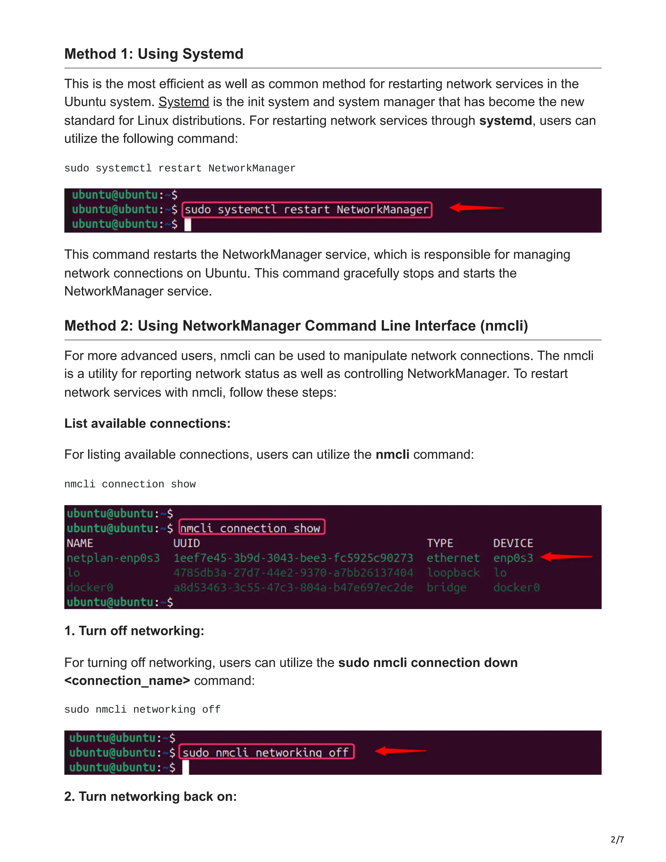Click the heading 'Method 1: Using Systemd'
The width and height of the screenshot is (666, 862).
(153, 54)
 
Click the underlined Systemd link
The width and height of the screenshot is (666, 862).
(183, 102)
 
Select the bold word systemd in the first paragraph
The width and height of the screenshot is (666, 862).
(505, 120)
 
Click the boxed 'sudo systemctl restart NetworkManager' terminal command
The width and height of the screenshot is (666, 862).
(307, 209)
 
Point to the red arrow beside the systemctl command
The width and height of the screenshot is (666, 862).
(476, 208)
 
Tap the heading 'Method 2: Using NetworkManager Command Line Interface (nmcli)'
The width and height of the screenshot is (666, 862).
(296, 326)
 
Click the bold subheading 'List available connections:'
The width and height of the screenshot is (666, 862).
(147, 423)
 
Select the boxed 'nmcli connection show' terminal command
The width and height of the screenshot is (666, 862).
(252, 528)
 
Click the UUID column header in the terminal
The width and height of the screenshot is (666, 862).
(187, 543)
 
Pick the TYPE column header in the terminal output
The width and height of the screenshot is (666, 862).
(440, 543)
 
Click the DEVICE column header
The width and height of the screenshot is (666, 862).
(513, 543)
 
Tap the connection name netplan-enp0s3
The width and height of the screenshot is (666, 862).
(113, 558)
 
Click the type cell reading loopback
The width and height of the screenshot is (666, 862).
(453, 573)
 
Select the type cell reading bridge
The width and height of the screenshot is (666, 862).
(446, 587)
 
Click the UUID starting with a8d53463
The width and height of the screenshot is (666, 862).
(293, 587)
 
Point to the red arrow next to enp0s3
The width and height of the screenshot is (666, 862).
(566, 557)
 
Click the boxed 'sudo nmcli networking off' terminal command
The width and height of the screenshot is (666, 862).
(267, 752)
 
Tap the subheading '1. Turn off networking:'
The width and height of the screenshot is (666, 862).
(134, 631)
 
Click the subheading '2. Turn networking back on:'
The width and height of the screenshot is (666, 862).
(150, 797)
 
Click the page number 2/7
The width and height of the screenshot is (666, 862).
(617, 840)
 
